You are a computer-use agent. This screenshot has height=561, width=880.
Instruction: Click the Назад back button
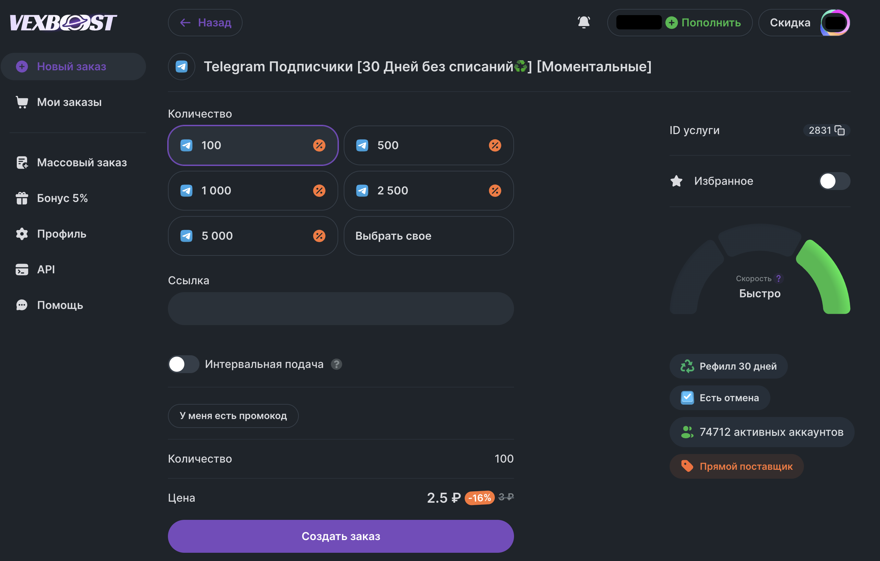205,23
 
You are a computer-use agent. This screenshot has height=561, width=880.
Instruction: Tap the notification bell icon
584,22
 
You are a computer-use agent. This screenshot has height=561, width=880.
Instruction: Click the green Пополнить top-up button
703,23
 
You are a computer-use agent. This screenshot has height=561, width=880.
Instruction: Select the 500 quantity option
429,145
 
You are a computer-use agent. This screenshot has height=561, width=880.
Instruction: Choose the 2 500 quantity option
429,191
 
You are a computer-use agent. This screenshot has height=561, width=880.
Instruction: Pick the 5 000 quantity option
253,236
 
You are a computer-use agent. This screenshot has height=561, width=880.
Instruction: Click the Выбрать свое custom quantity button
429,236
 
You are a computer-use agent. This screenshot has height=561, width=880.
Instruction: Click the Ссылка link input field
341,309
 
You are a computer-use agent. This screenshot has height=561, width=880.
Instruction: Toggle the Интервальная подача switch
183,364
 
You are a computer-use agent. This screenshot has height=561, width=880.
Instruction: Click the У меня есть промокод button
233,416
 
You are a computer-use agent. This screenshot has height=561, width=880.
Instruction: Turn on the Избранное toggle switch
835,181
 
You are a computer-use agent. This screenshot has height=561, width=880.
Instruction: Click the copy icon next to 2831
840,130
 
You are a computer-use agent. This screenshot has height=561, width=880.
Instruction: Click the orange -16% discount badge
479,498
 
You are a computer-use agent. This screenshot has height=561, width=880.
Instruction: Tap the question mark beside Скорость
779,279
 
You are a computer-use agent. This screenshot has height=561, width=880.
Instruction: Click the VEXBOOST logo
63,23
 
